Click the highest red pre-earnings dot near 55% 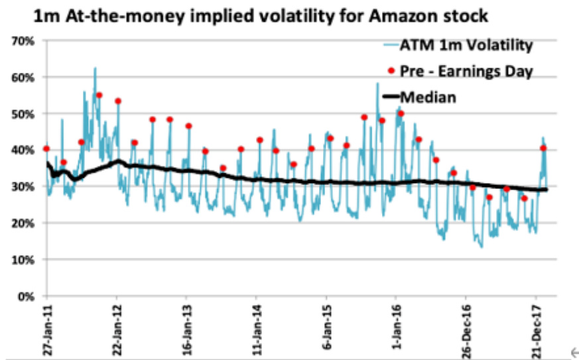click(99, 95)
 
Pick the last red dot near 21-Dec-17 click(543, 148)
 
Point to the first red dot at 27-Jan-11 click(46, 149)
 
